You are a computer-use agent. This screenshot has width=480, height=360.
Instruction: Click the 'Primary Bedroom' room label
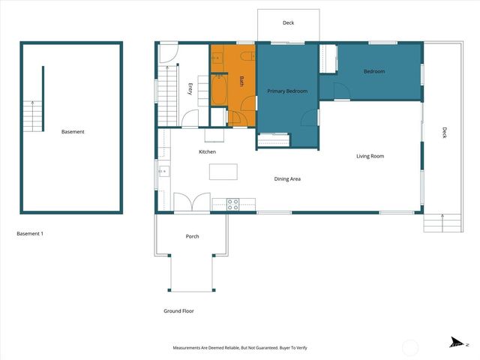coord(287,91)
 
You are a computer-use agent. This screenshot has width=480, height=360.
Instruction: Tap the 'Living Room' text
coord(370,156)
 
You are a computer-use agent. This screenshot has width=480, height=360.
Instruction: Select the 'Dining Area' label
coord(287,179)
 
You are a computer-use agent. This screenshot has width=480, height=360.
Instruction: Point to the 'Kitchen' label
coord(207,151)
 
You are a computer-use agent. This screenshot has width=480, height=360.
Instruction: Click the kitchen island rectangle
coord(223,172)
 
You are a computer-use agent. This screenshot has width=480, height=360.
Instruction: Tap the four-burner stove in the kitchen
coord(232,202)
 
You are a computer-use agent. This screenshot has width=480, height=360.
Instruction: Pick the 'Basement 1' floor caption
coord(30,234)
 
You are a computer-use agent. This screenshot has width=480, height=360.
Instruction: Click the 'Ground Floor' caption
coord(178,310)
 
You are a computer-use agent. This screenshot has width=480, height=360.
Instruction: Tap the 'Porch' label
coord(192,237)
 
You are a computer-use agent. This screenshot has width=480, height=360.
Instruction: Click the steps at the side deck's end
coord(439,223)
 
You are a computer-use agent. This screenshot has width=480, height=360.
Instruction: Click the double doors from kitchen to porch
coord(192,202)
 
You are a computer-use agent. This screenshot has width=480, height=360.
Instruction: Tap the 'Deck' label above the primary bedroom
coord(288,23)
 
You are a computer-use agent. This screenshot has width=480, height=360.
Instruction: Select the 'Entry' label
coord(190,88)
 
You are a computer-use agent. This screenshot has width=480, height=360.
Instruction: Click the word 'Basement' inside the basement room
coord(73,132)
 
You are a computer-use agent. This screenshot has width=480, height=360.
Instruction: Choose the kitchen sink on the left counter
coord(163,172)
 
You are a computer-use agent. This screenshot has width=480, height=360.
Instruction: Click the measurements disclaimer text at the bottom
coord(240,348)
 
